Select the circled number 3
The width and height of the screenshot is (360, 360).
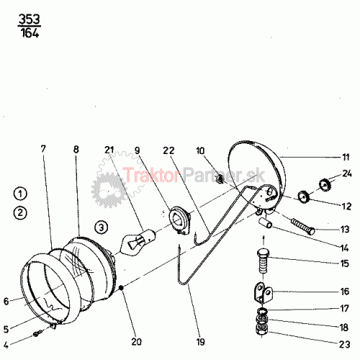(102, 227)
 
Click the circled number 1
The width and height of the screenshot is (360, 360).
(20, 194)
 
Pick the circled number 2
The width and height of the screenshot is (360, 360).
(20, 213)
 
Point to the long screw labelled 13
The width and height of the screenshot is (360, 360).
(303, 226)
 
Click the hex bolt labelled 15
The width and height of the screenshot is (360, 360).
(264, 261)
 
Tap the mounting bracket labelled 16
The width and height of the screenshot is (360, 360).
(264, 293)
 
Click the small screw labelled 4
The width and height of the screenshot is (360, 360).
(38, 333)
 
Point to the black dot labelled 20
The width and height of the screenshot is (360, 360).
(121, 287)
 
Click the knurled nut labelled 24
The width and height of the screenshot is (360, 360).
(325, 184)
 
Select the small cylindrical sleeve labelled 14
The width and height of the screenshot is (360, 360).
(266, 223)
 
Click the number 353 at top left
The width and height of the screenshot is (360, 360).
(30, 19)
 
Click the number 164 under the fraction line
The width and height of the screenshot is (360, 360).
(30, 32)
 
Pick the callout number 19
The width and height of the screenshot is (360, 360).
(200, 342)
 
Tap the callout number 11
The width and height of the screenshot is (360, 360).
(346, 157)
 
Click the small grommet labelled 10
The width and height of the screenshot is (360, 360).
(220, 179)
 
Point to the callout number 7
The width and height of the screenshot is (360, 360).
(43, 149)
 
